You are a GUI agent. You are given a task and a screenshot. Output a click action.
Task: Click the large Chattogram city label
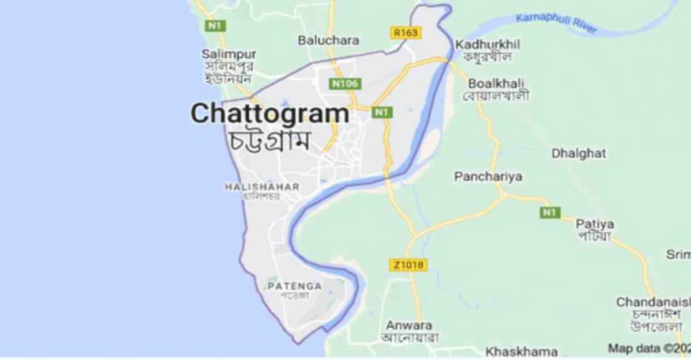click(x=269, y=113)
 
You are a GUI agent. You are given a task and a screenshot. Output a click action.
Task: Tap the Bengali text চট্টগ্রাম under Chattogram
click(x=269, y=140)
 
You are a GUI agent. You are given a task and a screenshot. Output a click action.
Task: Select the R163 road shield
click(x=405, y=33)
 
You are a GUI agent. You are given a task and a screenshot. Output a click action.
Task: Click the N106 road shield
click(x=345, y=84)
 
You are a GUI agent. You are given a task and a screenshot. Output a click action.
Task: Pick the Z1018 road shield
click(x=409, y=265)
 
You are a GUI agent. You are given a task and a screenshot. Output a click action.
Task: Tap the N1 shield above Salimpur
click(x=215, y=26)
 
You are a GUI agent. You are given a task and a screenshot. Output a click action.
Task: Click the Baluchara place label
click(x=328, y=40)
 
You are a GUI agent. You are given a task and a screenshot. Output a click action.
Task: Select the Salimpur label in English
click(x=229, y=54)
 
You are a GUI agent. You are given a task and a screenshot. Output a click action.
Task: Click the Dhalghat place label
click(x=579, y=153)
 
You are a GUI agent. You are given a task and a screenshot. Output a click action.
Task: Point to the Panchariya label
click(x=488, y=177)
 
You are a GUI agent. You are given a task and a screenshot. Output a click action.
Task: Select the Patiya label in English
click(x=595, y=223)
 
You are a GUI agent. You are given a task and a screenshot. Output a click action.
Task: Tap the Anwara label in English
click(x=409, y=324)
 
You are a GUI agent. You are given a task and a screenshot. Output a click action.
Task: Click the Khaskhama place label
click(x=522, y=351)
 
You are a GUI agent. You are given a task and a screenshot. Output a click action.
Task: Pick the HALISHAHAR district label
click(x=261, y=187)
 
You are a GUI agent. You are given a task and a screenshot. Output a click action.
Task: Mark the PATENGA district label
click(x=295, y=286)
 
